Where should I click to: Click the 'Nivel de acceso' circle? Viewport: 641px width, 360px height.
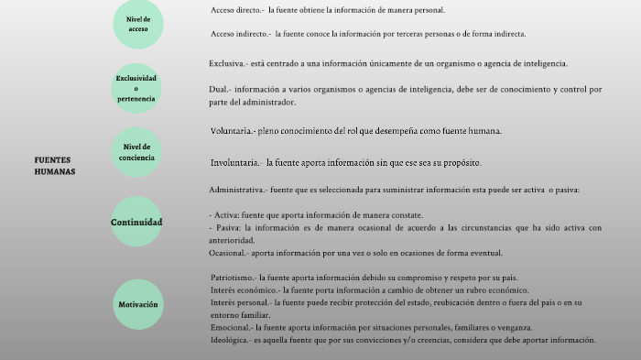coord(137,24)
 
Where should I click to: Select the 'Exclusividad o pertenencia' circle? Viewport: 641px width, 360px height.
coord(136,88)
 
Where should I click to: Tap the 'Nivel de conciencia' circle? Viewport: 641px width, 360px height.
coord(136,152)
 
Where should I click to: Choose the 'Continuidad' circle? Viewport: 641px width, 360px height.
coord(136,223)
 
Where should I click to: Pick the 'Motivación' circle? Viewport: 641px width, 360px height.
coord(137,304)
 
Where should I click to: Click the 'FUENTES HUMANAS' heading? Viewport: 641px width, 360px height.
coord(55,165)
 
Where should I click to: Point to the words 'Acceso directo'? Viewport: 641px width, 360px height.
coord(235,10)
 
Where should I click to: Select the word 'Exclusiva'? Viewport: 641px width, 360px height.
coord(225,64)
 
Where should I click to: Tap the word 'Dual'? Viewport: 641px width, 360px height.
coord(218,90)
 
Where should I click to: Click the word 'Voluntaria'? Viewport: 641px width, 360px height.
coord(230,131)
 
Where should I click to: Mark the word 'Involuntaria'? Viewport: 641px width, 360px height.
coord(234,163)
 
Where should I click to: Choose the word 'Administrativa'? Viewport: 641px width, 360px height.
coord(237,191)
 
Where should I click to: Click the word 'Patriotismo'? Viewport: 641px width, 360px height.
coord(233,277)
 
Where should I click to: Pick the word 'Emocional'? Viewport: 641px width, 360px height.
coord(230,327)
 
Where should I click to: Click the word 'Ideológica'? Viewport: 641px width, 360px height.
coord(230,340)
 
